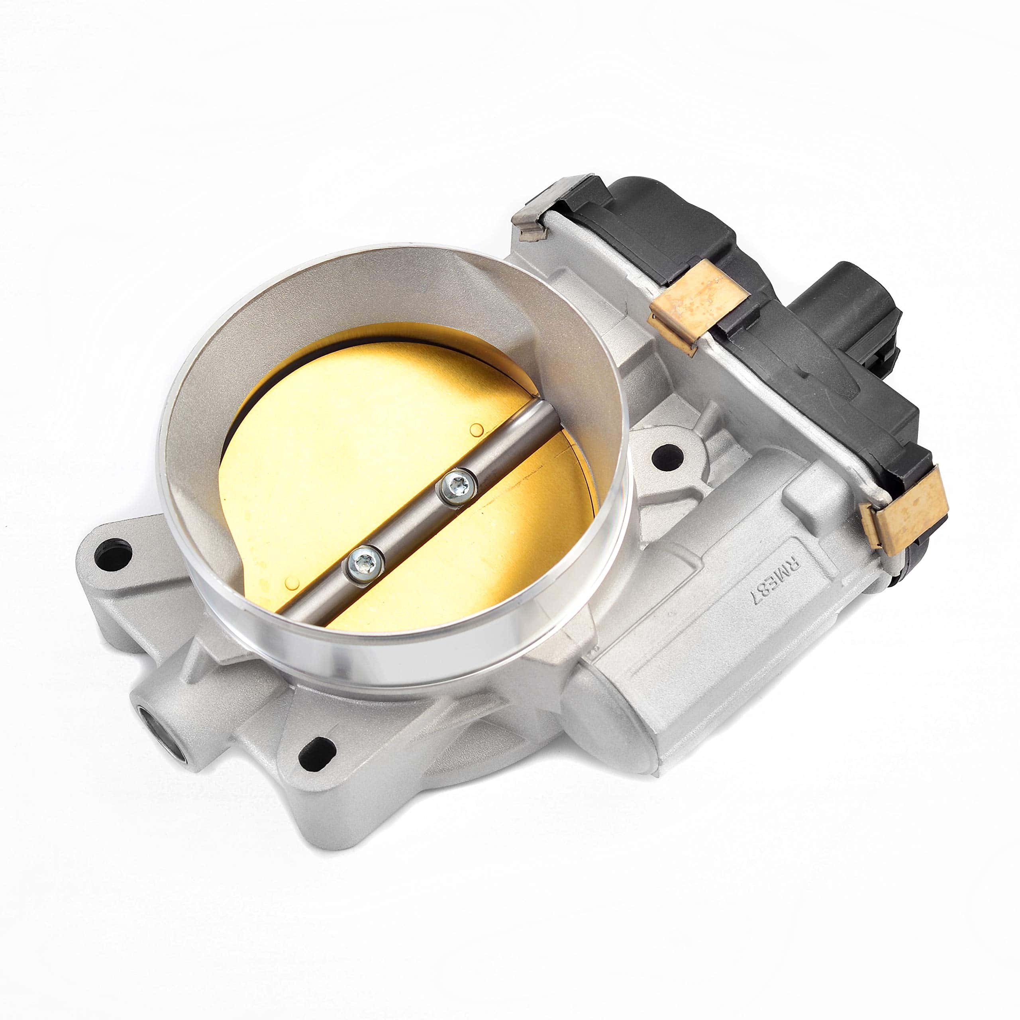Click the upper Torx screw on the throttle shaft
pyautogui.click(x=457, y=487)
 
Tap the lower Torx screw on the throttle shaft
pyautogui.click(x=364, y=564)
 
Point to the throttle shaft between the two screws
pyautogui.click(x=411, y=526)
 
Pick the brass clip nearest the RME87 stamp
pyautogui.click(x=903, y=508)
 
